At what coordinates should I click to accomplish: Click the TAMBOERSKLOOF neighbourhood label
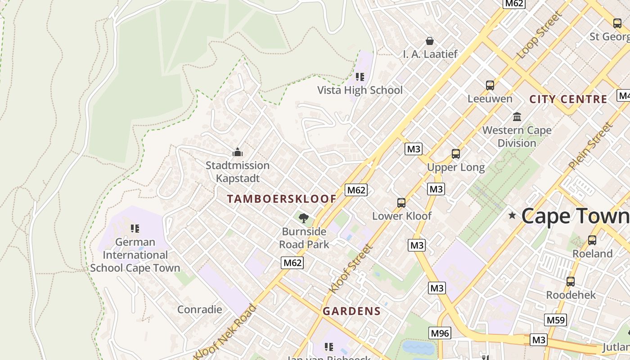pyautogui.click(x=282, y=199)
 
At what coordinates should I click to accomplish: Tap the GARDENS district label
pyautogui.click(x=351, y=311)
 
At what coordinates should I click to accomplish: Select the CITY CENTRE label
pyautogui.click(x=568, y=99)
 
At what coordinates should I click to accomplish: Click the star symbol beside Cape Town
pyautogui.click(x=512, y=216)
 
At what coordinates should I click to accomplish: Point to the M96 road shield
pyautogui.click(x=439, y=333)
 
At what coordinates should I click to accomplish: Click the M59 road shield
pyautogui.click(x=555, y=320)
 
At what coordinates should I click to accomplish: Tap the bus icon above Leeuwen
pyautogui.click(x=490, y=85)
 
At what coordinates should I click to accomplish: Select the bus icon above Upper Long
pyautogui.click(x=455, y=154)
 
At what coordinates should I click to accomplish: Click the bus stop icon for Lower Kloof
pyautogui.click(x=401, y=202)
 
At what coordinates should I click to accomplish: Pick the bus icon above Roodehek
pyautogui.click(x=570, y=282)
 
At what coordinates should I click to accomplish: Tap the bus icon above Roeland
pyautogui.click(x=592, y=240)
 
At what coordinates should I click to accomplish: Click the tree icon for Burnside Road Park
pyautogui.click(x=304, y=218)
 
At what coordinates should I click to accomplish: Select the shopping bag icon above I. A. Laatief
pyautogui.click(x=430, y=41)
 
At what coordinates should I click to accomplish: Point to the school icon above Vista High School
pyautogui.click(x=360, y=77)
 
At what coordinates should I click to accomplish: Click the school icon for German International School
pyautogui.click(x=135, y=229)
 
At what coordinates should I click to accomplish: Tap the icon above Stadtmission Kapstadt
pyautogui.click(x=237, y=152)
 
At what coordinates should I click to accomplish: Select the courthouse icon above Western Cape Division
pyautogui.click(x=517, y=117)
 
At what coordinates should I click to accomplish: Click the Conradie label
pyautogui.click(x=199, y=310)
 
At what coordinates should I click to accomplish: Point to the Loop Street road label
pyautogui.click(x=540, y=35)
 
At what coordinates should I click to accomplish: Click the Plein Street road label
pyautogui.click(x=590, y=146)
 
